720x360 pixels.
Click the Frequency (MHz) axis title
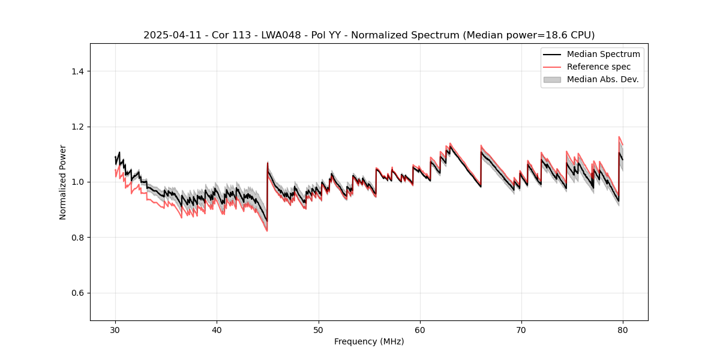coord(369,341)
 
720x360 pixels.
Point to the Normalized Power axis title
coord(63,182)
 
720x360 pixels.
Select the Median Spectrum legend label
coord(603,54)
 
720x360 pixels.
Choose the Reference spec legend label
coord(599,67)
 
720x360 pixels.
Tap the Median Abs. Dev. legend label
coord(603,79)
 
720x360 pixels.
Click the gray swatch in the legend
coord(552,79)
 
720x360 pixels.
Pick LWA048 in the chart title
coord(283,35)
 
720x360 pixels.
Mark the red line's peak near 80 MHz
coord(619,137)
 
